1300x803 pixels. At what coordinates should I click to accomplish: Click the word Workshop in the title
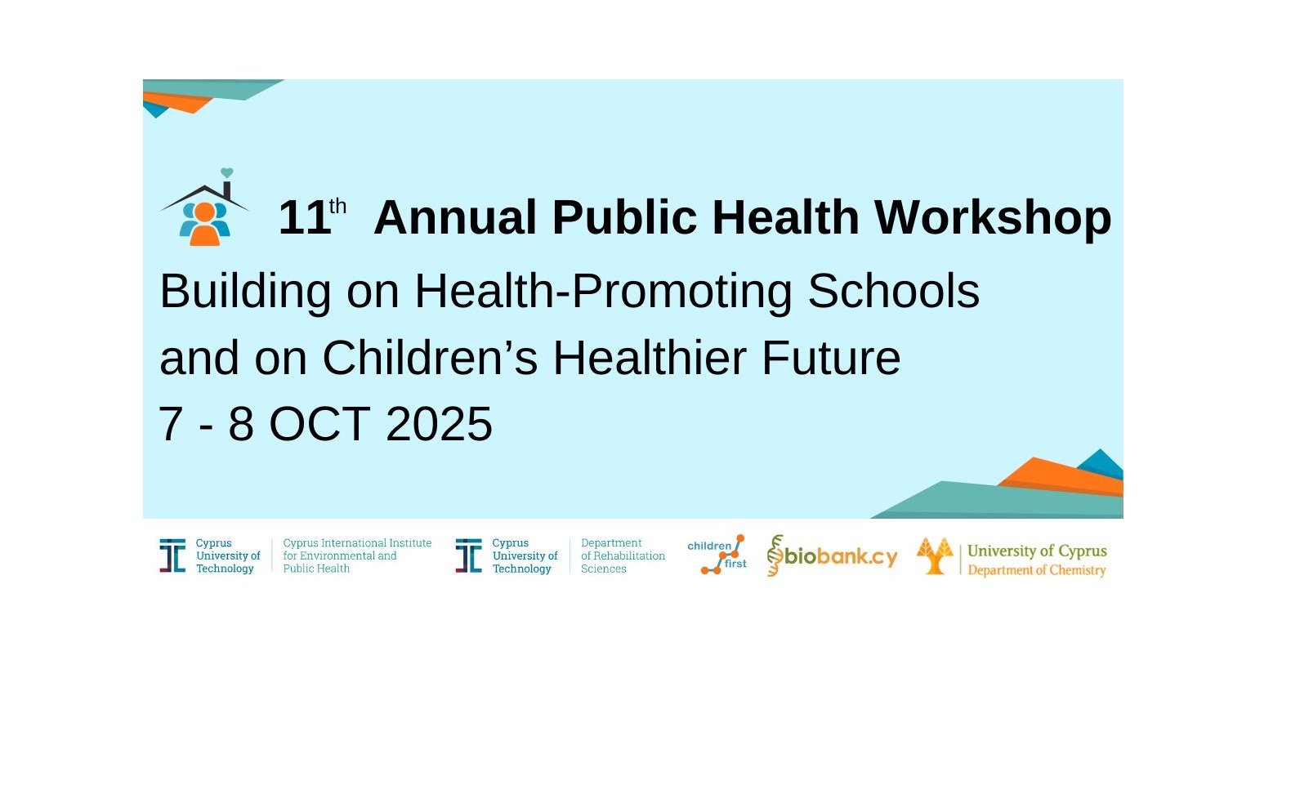coord(993,217)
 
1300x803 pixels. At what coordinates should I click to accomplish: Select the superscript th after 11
coord(337,206)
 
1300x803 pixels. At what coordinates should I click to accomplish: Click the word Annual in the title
coord(455,217)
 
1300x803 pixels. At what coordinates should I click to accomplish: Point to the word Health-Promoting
coord(603,292)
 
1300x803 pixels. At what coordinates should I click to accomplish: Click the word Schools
coord(894,292)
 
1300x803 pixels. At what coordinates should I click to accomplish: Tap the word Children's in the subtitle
coord(430,358)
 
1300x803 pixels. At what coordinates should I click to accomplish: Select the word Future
coord(831,358)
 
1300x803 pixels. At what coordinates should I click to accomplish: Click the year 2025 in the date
coord(440,424)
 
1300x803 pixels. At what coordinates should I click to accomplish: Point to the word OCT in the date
coord(319,424)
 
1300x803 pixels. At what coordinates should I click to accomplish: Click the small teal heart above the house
coord(227,172)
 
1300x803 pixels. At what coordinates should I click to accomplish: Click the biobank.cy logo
coord(832,555)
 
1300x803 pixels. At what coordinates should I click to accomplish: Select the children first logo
coord(717,555)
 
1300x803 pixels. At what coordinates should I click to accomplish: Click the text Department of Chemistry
coord(1037,570)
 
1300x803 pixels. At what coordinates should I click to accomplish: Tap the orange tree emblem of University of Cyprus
coord(935,555)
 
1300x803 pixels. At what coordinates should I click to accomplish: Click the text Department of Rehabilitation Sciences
coord(623,555)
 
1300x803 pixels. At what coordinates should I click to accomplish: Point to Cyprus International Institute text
coord(358,543)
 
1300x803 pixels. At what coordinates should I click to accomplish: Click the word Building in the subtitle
coord(245,292)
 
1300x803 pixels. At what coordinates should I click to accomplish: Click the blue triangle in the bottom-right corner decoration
coord(1101,464)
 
